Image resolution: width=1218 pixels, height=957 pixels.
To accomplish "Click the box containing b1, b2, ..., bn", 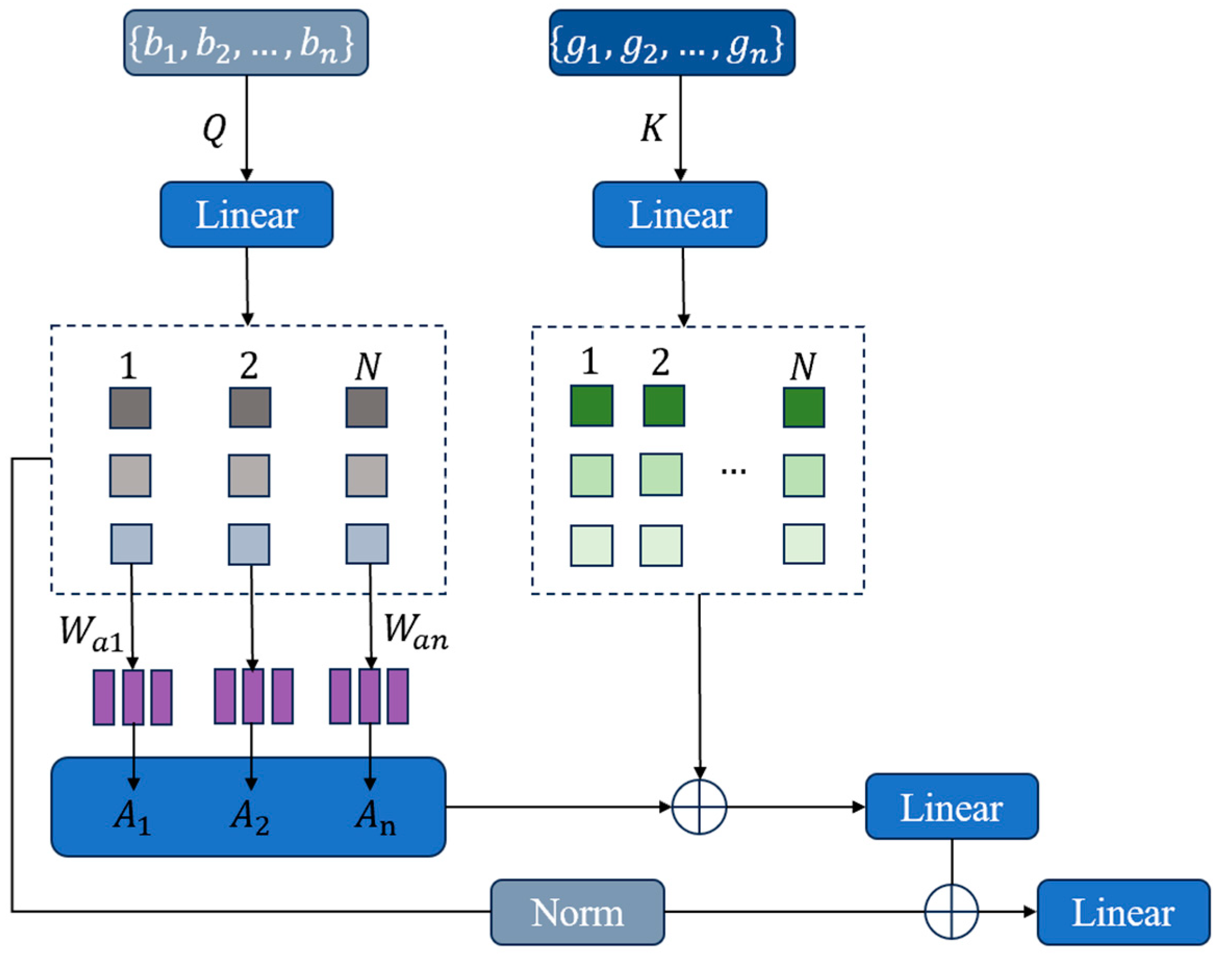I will pyautogui.click(x=246, y=43).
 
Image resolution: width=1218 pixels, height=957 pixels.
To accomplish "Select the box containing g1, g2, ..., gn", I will pyautogui.click(x=672, y=43).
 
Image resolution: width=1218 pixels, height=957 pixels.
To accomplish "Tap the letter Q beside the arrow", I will pyautogui.click(x=214, y=129).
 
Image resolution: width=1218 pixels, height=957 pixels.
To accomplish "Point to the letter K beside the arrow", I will pyautogui.click(x=652, y=128).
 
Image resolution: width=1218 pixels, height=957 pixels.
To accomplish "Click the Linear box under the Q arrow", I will pyautogui.click(x=247, y=215).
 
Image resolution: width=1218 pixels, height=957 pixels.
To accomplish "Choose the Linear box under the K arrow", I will pyautogui.click(x=679, y=215).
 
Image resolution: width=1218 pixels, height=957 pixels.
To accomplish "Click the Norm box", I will pyautogui.click(x=578, y=913).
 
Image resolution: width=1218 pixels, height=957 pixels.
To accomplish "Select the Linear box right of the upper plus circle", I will pyautogui.click(x=951, y=807).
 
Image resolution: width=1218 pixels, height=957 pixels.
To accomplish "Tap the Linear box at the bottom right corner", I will pyautogui.click(x=1123, y=913).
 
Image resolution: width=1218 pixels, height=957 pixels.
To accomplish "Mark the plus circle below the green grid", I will pyautogui.click(x=699, y=807).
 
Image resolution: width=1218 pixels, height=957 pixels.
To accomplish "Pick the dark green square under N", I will pyautogui.click(x=803, y=407).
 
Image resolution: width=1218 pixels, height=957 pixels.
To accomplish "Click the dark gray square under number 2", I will pyautogui.click(x=250, y=407).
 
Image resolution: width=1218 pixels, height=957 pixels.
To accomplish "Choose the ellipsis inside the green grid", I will pyautogui.click(x=733, y=471).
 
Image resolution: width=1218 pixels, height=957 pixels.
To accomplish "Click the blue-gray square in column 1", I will pyautogui.click(x=131, y=544).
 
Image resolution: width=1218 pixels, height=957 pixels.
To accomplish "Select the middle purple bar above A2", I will pyautogui.click(x=253, y=696).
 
